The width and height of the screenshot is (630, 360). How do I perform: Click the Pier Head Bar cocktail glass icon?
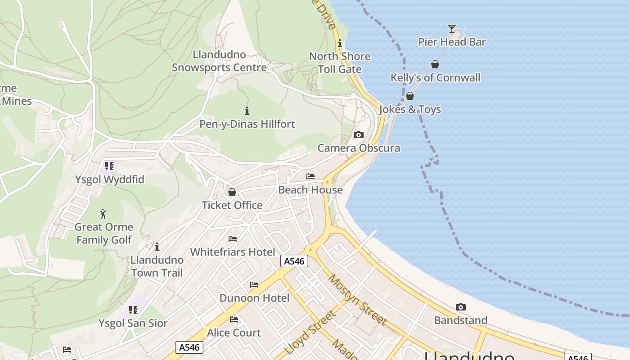(452, 29)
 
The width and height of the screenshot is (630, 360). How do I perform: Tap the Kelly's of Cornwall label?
(435, 77)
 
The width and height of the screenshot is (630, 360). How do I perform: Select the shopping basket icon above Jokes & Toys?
(410, 96)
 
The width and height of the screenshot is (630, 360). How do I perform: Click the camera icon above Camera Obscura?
(359, 135)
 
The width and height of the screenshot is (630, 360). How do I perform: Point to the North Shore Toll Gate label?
(340, 63)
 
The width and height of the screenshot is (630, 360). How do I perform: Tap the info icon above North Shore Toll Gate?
(340, 43)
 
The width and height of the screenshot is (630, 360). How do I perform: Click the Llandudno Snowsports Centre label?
(220, 61)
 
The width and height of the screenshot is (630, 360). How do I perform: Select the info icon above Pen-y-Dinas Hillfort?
(247, 111)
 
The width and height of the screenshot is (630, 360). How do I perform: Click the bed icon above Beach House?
(310, 176)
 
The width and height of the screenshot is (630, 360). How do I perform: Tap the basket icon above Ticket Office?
(232, 192)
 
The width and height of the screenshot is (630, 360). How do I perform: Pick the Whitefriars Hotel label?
(232, 252)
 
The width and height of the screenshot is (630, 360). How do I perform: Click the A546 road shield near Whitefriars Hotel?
(294, 261)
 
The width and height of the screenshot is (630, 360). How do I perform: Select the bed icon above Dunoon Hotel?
(254, 285)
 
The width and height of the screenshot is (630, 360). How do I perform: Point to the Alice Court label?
(234, 333)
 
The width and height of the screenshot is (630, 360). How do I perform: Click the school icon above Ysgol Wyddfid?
(109, 166)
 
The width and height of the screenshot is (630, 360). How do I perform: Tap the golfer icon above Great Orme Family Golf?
(103, 213)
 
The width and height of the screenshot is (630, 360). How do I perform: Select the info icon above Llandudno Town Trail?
(157, 247)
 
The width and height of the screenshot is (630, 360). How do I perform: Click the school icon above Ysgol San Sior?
(133, 310)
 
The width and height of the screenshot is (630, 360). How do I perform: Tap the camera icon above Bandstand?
(460, 307)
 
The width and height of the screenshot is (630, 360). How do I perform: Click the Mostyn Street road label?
(357, 299)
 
